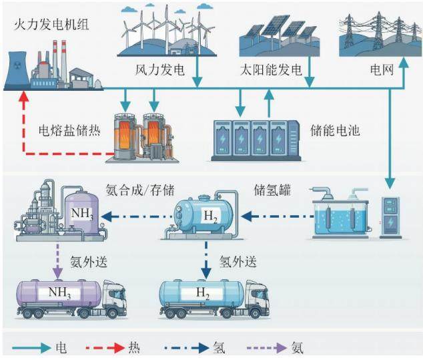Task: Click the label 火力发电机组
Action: click(51, 25)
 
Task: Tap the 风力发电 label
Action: click(159, 70)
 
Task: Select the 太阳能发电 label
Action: click(271, 70)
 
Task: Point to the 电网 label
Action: click(382, 70)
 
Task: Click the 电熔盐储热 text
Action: click(69, 130)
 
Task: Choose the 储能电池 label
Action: click(335, 130)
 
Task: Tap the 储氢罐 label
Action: click(272, 190)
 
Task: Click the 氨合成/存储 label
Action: click(140, 190)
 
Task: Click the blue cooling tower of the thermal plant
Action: click(17, 70)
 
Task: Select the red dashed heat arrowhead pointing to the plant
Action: click(25, 97)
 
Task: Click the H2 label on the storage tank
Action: click(211, 216)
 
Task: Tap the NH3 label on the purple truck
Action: click(59, 293)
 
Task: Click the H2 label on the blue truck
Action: click(203, 293)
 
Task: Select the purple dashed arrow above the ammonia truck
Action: click(57, 261)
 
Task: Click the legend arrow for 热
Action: click(105, 348)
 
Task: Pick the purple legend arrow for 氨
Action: click(266, 348)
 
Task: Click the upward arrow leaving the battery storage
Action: click(269, 104)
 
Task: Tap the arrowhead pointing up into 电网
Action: click(404, 63)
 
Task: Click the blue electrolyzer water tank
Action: click(340, 218)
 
